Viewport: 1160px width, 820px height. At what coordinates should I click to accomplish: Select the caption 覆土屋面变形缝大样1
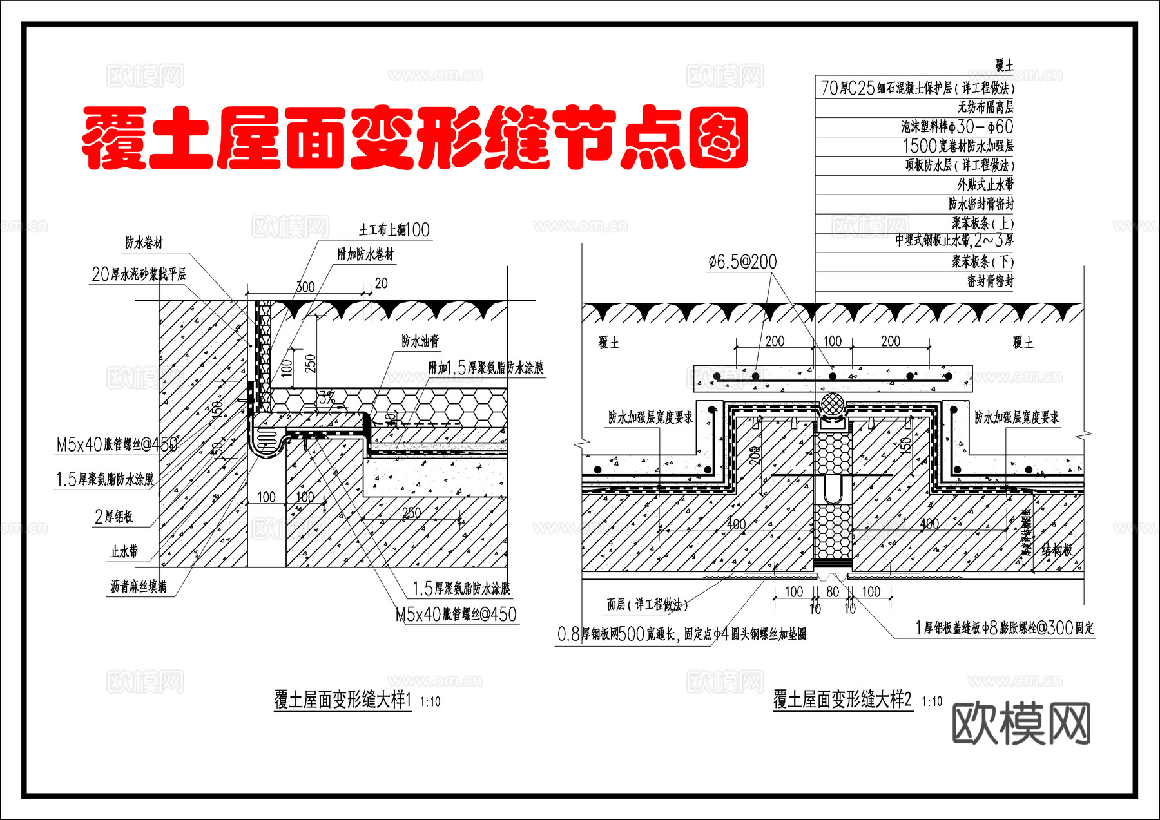tap(342, 700)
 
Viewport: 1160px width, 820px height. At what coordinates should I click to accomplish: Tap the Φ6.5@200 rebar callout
tap(742, 262)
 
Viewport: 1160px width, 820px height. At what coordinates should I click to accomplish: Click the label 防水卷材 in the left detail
tap(144, 243)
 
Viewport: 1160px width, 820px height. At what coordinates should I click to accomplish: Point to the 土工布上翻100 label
tap(394, 230)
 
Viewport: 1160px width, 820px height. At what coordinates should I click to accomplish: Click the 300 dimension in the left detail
tap(305, 287)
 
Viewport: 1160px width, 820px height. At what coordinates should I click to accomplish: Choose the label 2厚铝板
tap(113, 517)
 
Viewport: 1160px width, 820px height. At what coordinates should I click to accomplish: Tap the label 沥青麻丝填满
tap(139, 587)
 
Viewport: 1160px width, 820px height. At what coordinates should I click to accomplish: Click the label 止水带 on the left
tap(124, 551)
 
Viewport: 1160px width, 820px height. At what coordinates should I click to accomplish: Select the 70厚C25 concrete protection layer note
tap(916, 88)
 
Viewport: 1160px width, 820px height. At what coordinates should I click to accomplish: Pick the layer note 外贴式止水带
tap(985, 185)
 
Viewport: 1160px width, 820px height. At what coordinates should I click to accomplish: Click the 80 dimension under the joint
tap(832, 591)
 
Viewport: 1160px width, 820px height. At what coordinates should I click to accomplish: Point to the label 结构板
tap(1057, 549)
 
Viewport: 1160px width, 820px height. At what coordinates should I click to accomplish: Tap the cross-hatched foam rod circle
tap(833, 404)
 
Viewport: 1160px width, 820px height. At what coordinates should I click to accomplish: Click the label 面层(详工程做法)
tap(647, 604)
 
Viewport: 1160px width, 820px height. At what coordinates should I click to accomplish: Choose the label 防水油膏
tap(420, 341)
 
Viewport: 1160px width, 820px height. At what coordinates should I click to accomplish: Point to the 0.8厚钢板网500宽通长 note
tap(681, 634)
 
